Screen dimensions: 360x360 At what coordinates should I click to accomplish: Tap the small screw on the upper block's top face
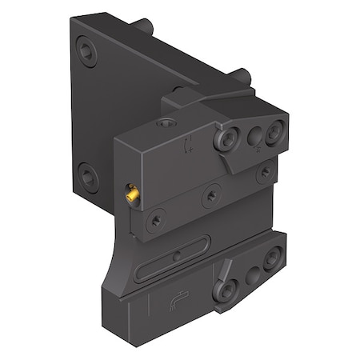click(x=166, y=125)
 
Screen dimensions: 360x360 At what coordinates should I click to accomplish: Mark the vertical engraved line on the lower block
click(x=151, y=307)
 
